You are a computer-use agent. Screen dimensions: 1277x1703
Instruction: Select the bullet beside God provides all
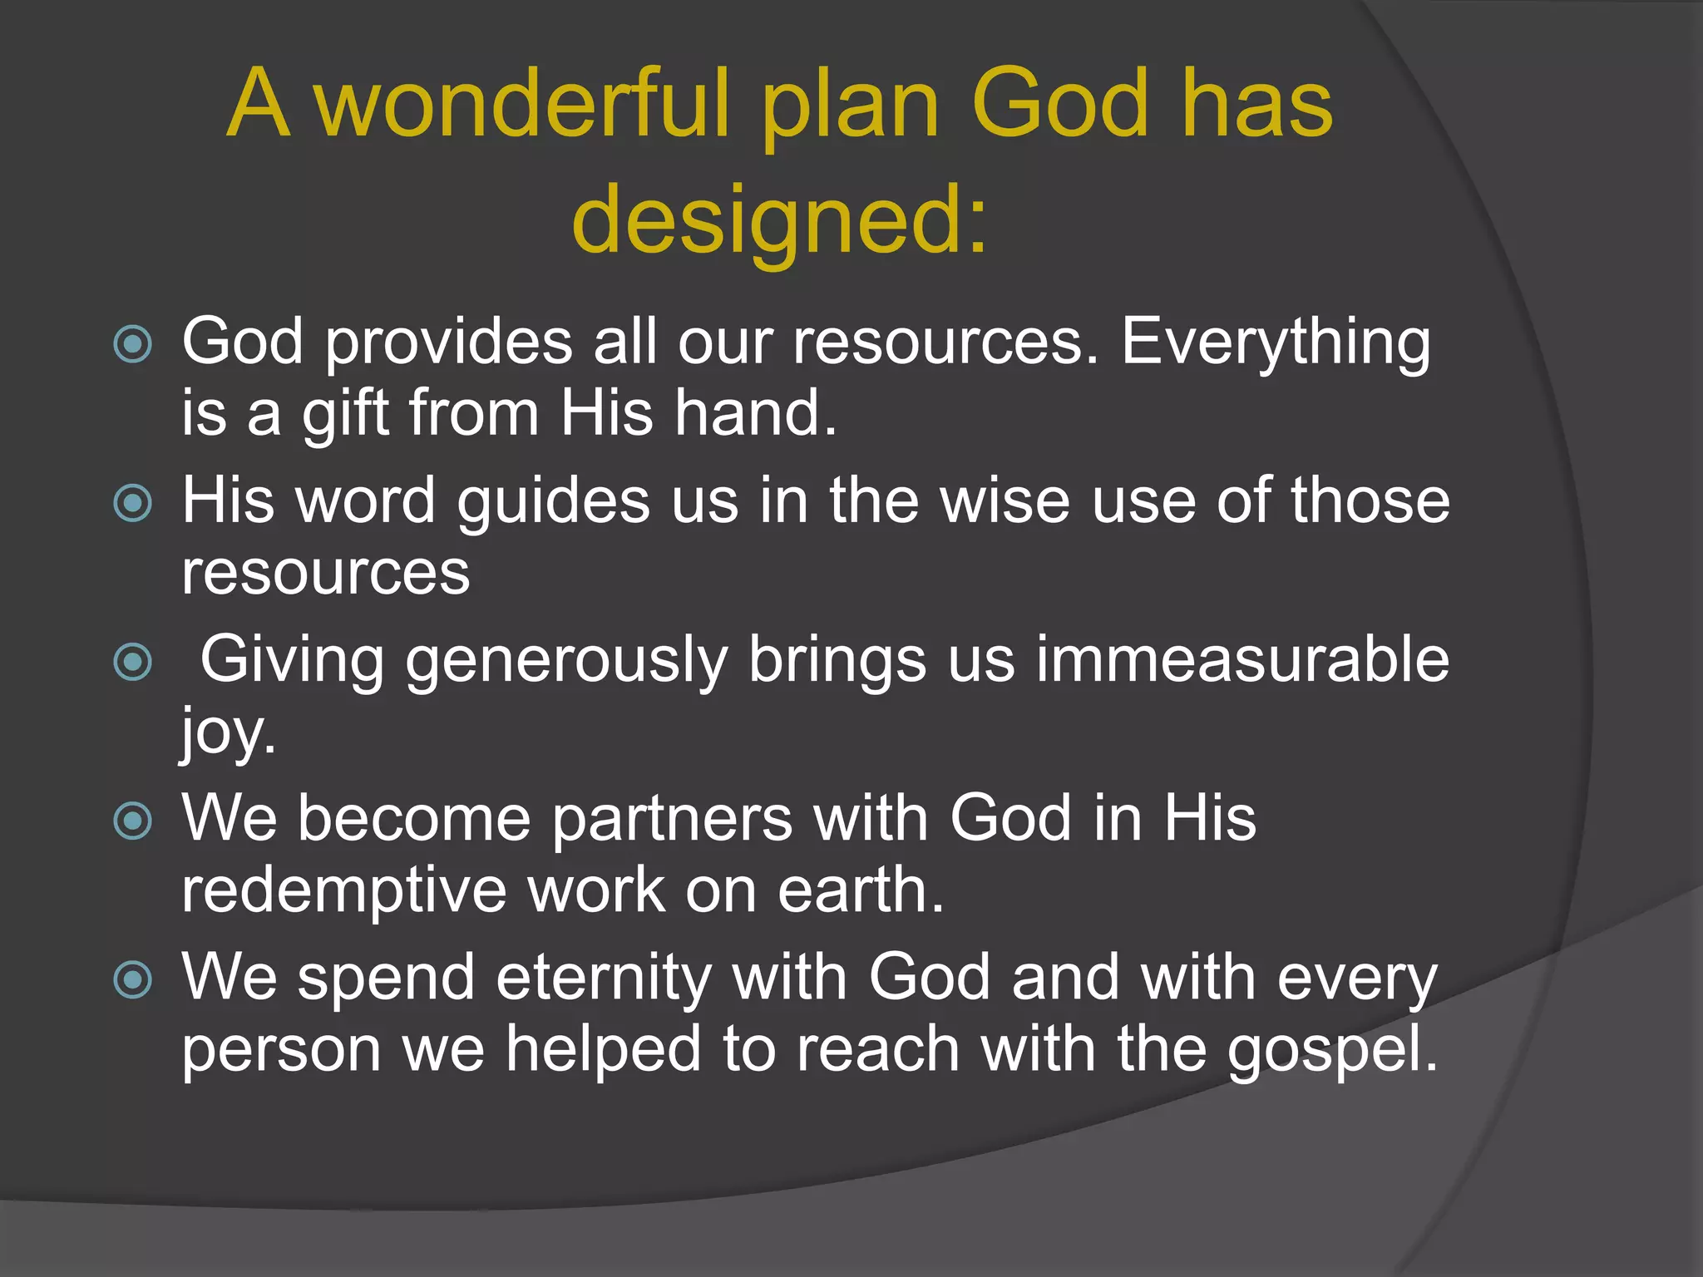tap(133, 344)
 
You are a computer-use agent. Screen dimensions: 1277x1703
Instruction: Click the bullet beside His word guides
tap(133, 503)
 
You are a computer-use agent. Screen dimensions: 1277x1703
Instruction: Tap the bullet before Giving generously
tap(133, 662)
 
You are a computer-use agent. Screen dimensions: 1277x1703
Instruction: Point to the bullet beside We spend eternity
tap(133, 979)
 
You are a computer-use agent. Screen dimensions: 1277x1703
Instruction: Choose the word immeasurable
tap(1242, 660)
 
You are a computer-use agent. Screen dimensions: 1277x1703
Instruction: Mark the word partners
tap(672, 819)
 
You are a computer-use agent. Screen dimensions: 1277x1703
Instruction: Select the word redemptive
tap(344, 891)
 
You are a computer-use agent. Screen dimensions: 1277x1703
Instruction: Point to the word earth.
tap(861, 890)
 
